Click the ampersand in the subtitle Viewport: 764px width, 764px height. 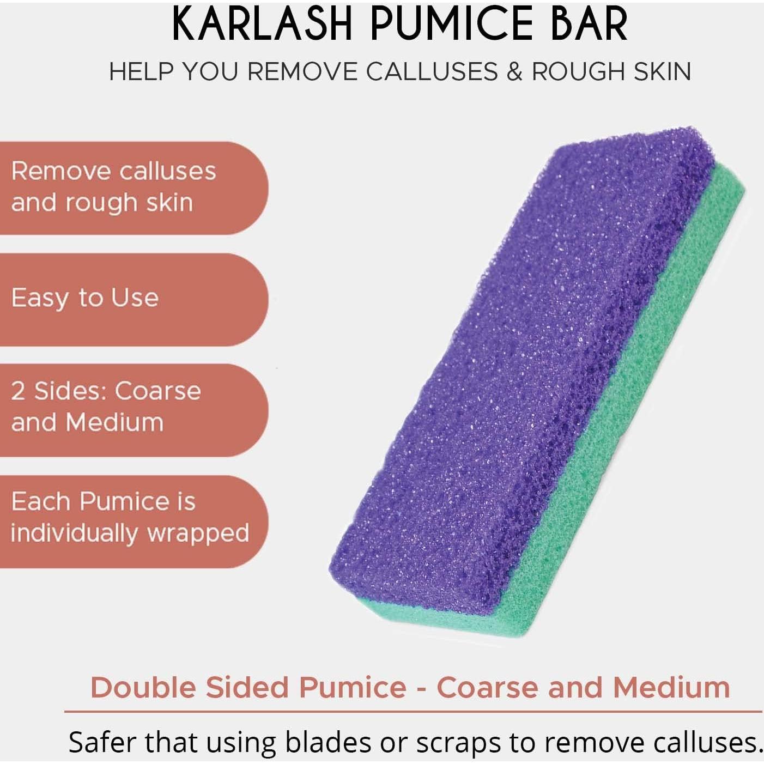[514, 72]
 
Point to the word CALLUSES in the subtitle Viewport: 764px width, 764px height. [432, 72]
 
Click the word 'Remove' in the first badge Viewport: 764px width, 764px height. [61, 171]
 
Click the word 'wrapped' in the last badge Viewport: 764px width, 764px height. [198, 533]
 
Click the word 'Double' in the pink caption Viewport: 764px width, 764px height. [143, 687]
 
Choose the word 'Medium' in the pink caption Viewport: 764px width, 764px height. [671, 687]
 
